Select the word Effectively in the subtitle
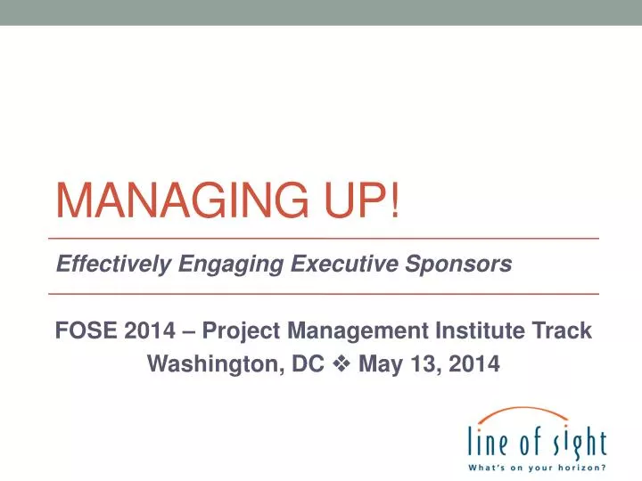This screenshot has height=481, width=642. (x=114, y=264)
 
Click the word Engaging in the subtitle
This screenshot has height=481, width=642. (x=223, y=265)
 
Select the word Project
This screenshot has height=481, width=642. (x=241, y=332)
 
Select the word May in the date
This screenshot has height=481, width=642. (x=379, y=365)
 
